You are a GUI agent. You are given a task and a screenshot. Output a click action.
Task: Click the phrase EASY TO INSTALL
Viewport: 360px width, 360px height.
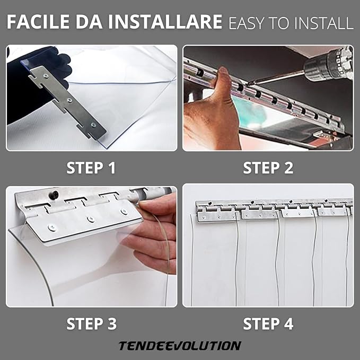coord(291,23)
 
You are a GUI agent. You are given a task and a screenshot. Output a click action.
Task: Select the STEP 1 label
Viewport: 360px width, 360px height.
coord(91,168)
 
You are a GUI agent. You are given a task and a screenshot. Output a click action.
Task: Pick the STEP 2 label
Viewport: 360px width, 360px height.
coord(268,168)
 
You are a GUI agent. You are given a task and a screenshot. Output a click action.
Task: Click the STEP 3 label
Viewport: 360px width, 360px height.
coord(91,323)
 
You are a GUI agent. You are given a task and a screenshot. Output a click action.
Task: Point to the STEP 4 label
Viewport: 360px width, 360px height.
coord(268,323)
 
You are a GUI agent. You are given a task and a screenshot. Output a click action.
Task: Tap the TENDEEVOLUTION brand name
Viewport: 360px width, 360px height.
coord(180,346)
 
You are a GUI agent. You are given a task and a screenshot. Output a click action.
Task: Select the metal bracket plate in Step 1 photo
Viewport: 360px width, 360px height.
coord(69,101)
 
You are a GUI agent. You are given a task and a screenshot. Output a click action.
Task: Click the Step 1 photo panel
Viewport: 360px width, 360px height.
coord(92,98)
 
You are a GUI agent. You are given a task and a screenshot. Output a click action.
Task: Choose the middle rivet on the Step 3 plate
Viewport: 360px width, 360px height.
coord(90,219)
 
